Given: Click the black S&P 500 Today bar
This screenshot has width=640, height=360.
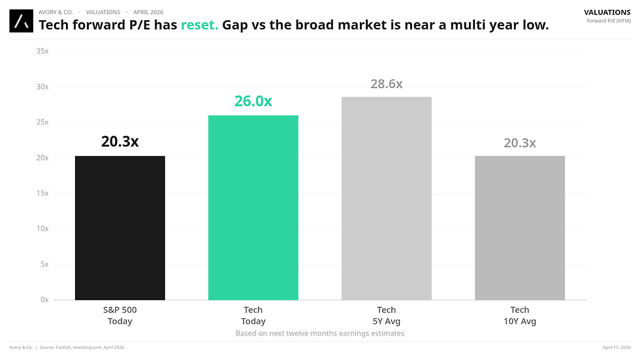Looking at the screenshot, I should (120, 228).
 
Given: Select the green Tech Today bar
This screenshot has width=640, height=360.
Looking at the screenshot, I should (253, 208).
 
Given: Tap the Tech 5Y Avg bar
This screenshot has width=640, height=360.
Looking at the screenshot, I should (386, 199).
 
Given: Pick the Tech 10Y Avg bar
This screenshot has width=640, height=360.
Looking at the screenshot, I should (520, 228).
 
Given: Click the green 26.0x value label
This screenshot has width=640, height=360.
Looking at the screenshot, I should (253, 101).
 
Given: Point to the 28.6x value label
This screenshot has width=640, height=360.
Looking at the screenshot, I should (386, 84).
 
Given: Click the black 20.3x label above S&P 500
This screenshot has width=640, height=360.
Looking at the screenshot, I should (120, 141).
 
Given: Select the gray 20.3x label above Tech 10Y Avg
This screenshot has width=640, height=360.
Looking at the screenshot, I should (520, 142).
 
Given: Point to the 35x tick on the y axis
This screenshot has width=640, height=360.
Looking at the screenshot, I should (42, 51).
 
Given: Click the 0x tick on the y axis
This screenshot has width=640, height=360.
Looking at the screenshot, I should (44, 300).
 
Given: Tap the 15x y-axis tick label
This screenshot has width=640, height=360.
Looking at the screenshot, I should (42, 193).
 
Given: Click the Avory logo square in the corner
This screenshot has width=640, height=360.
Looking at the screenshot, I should (21, 21).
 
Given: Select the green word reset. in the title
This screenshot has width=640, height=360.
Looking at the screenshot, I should (199, 25).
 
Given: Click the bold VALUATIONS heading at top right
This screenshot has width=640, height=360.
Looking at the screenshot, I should (607, 12).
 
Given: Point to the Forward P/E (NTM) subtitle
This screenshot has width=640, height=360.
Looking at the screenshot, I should (609, 21).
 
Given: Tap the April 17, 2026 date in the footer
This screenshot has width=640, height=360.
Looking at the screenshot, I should (616, 347).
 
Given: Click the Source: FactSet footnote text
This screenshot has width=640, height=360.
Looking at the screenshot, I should (82, 347).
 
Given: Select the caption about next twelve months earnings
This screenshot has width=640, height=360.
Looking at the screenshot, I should (320, 333).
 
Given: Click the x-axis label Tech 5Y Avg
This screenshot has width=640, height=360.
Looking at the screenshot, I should (386, 316).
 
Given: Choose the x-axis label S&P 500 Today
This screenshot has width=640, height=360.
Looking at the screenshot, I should (120, 316).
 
